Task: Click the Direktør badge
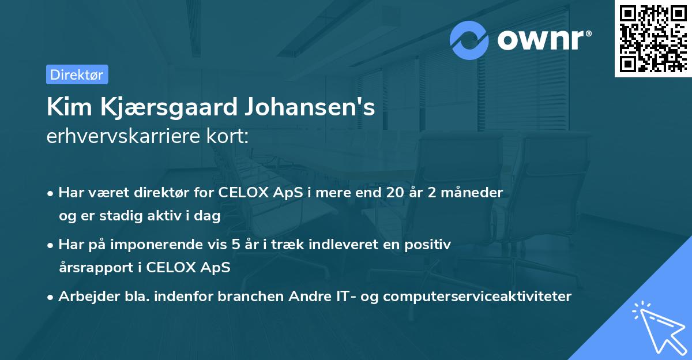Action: tap(77, 74)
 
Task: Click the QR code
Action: tap(653, 39)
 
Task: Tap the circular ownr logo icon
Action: tap(469, 40)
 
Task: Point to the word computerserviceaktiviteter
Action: tap(477, 297)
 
